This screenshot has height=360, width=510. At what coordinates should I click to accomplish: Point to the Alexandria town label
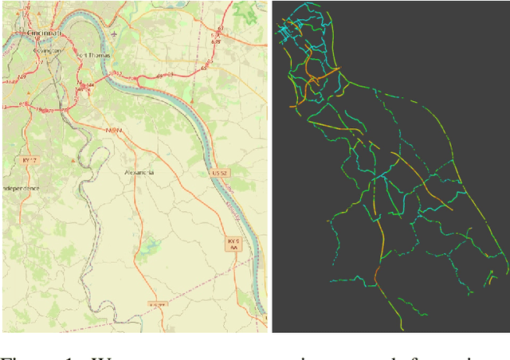click(x=139, y=172)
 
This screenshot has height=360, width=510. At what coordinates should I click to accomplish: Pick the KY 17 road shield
click(x=30, y=160)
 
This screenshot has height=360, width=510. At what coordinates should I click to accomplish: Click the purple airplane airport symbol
click(x=116, y=34)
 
